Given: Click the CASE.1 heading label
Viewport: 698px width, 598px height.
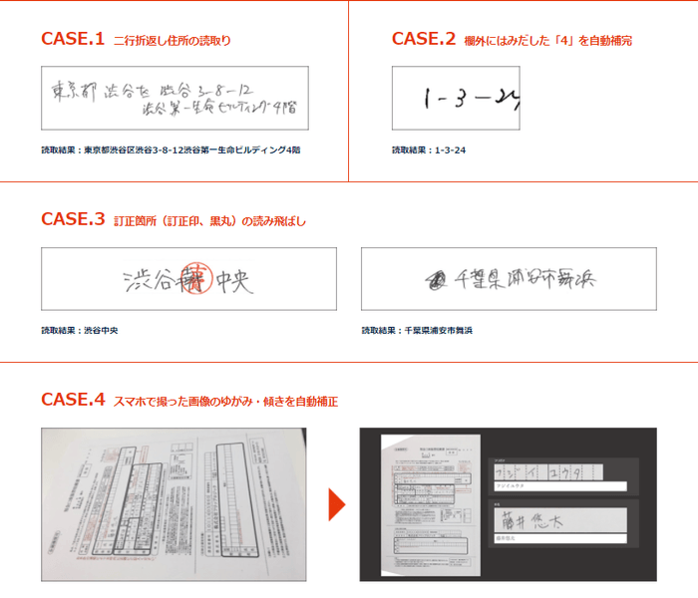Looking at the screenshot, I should coord(73,39).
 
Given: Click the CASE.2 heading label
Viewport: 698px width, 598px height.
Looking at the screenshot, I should coord(424,39).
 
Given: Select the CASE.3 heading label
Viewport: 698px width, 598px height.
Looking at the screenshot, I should coord(73,219).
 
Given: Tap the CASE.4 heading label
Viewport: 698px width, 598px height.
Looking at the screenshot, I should coord(73,400).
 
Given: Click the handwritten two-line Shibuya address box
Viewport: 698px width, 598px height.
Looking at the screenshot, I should coord(174,97).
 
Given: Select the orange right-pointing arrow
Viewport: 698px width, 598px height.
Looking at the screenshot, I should coord(336,504).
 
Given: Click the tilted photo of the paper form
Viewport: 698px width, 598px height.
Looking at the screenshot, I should coord(174,504).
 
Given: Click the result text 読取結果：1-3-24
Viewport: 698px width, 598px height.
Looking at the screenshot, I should coord(429,150).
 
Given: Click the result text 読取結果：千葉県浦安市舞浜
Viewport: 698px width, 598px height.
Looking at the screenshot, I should coord(417,330).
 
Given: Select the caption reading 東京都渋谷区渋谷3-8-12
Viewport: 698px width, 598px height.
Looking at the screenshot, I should coord(171,150).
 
